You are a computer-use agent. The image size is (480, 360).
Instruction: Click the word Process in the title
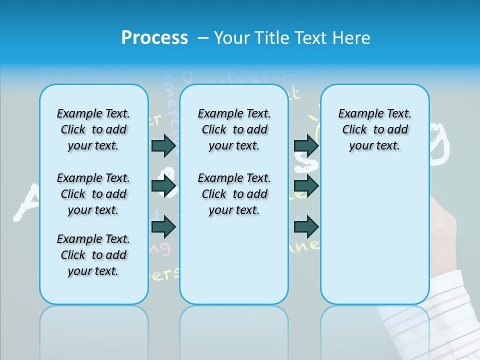coord(154,37)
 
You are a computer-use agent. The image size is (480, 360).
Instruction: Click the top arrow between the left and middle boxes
coord(164,145)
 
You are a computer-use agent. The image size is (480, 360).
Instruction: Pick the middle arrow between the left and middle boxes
coord(164,186)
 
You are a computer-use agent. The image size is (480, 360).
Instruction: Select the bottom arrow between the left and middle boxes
coord(164,226)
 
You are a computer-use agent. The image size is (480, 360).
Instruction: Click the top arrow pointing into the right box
coord(306,145)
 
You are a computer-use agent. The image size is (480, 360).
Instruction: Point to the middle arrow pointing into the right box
coord(306,186)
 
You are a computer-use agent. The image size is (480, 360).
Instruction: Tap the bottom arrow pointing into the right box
coord(306,226)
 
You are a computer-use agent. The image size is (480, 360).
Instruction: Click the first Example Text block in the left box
coord(93,129)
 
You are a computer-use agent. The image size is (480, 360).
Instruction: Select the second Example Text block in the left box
coord(93,194)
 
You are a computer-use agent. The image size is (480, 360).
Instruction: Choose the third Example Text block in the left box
coord(93,255)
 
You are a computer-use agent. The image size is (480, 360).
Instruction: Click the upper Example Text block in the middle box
coord(234,129)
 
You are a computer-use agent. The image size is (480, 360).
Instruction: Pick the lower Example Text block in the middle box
coord(234,194)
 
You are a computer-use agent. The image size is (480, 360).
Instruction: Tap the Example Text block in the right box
coord(374,129)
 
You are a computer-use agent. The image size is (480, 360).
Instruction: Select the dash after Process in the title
coord(203,37)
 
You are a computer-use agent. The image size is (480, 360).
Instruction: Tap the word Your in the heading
coord(233,37)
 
